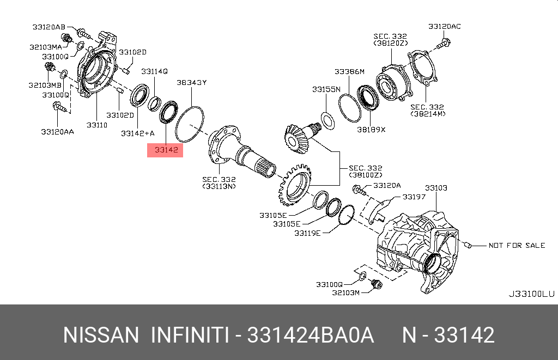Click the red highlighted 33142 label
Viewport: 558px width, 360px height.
click(165, 150)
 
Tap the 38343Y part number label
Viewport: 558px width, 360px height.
click(191, 83)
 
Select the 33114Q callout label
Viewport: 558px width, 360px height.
click(154, 71)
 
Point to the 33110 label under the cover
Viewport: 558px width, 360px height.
click(97, 125)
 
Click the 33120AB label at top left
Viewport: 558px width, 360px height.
click(48, 27)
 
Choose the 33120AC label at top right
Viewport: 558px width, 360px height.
click(445, 26)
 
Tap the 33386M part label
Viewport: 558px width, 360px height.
click(349, 72)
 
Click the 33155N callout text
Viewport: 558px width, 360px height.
click(326, 89)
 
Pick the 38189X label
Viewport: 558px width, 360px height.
click(371, 130)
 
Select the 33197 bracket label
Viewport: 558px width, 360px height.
click(414, 197)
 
